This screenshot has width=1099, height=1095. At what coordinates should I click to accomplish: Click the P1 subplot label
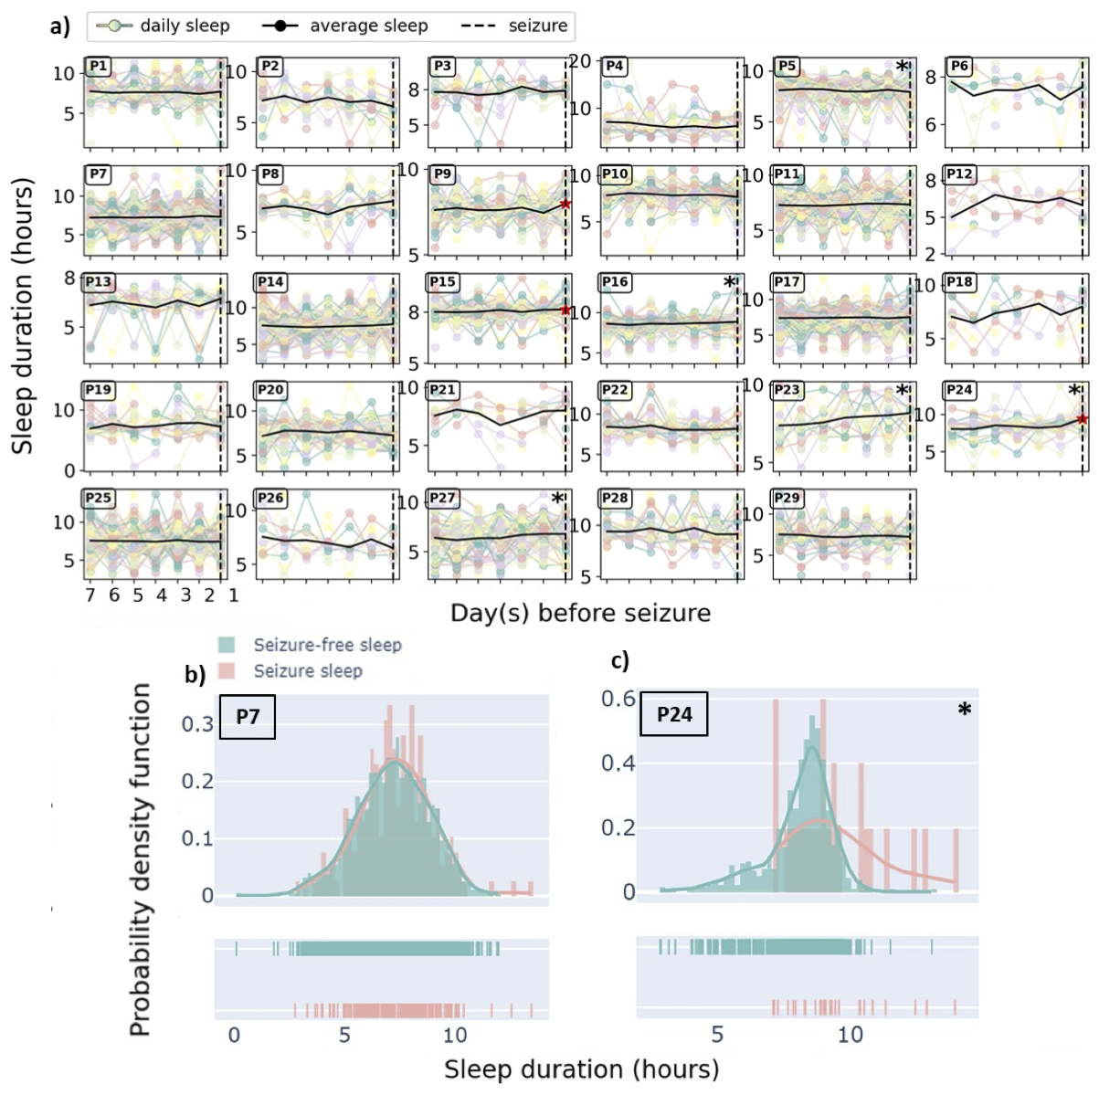point(99,66)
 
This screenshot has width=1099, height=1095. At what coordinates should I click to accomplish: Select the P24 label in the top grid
point(959,390)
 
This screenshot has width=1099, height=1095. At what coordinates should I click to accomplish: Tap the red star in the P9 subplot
point(565,204)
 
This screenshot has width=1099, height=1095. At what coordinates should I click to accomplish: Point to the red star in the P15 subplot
point(565,311)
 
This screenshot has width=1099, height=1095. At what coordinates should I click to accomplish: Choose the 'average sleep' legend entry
point(368,26)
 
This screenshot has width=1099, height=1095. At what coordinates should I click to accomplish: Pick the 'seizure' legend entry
point(537,26)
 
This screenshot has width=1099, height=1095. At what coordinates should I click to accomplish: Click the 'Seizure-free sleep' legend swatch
point(227,645)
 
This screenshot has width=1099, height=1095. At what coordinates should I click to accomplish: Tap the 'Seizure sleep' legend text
point(308,671)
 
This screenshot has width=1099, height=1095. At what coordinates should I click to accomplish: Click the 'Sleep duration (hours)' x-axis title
point(581,1069)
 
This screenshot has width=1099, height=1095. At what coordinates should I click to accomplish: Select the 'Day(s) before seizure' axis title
point(580,612)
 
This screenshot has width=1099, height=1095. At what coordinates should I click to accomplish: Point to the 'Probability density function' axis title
point(140,859)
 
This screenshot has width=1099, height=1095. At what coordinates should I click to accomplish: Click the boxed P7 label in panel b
point(248,716)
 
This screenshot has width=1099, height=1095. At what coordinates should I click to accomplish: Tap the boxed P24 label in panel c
point(674,714)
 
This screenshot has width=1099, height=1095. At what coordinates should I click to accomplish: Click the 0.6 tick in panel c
point(618,699)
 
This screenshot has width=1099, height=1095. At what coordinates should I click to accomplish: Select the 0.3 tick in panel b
point(197,724)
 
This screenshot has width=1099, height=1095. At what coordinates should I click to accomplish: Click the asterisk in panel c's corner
point(964,711)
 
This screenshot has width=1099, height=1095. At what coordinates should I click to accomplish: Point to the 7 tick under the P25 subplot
point(90,595)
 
